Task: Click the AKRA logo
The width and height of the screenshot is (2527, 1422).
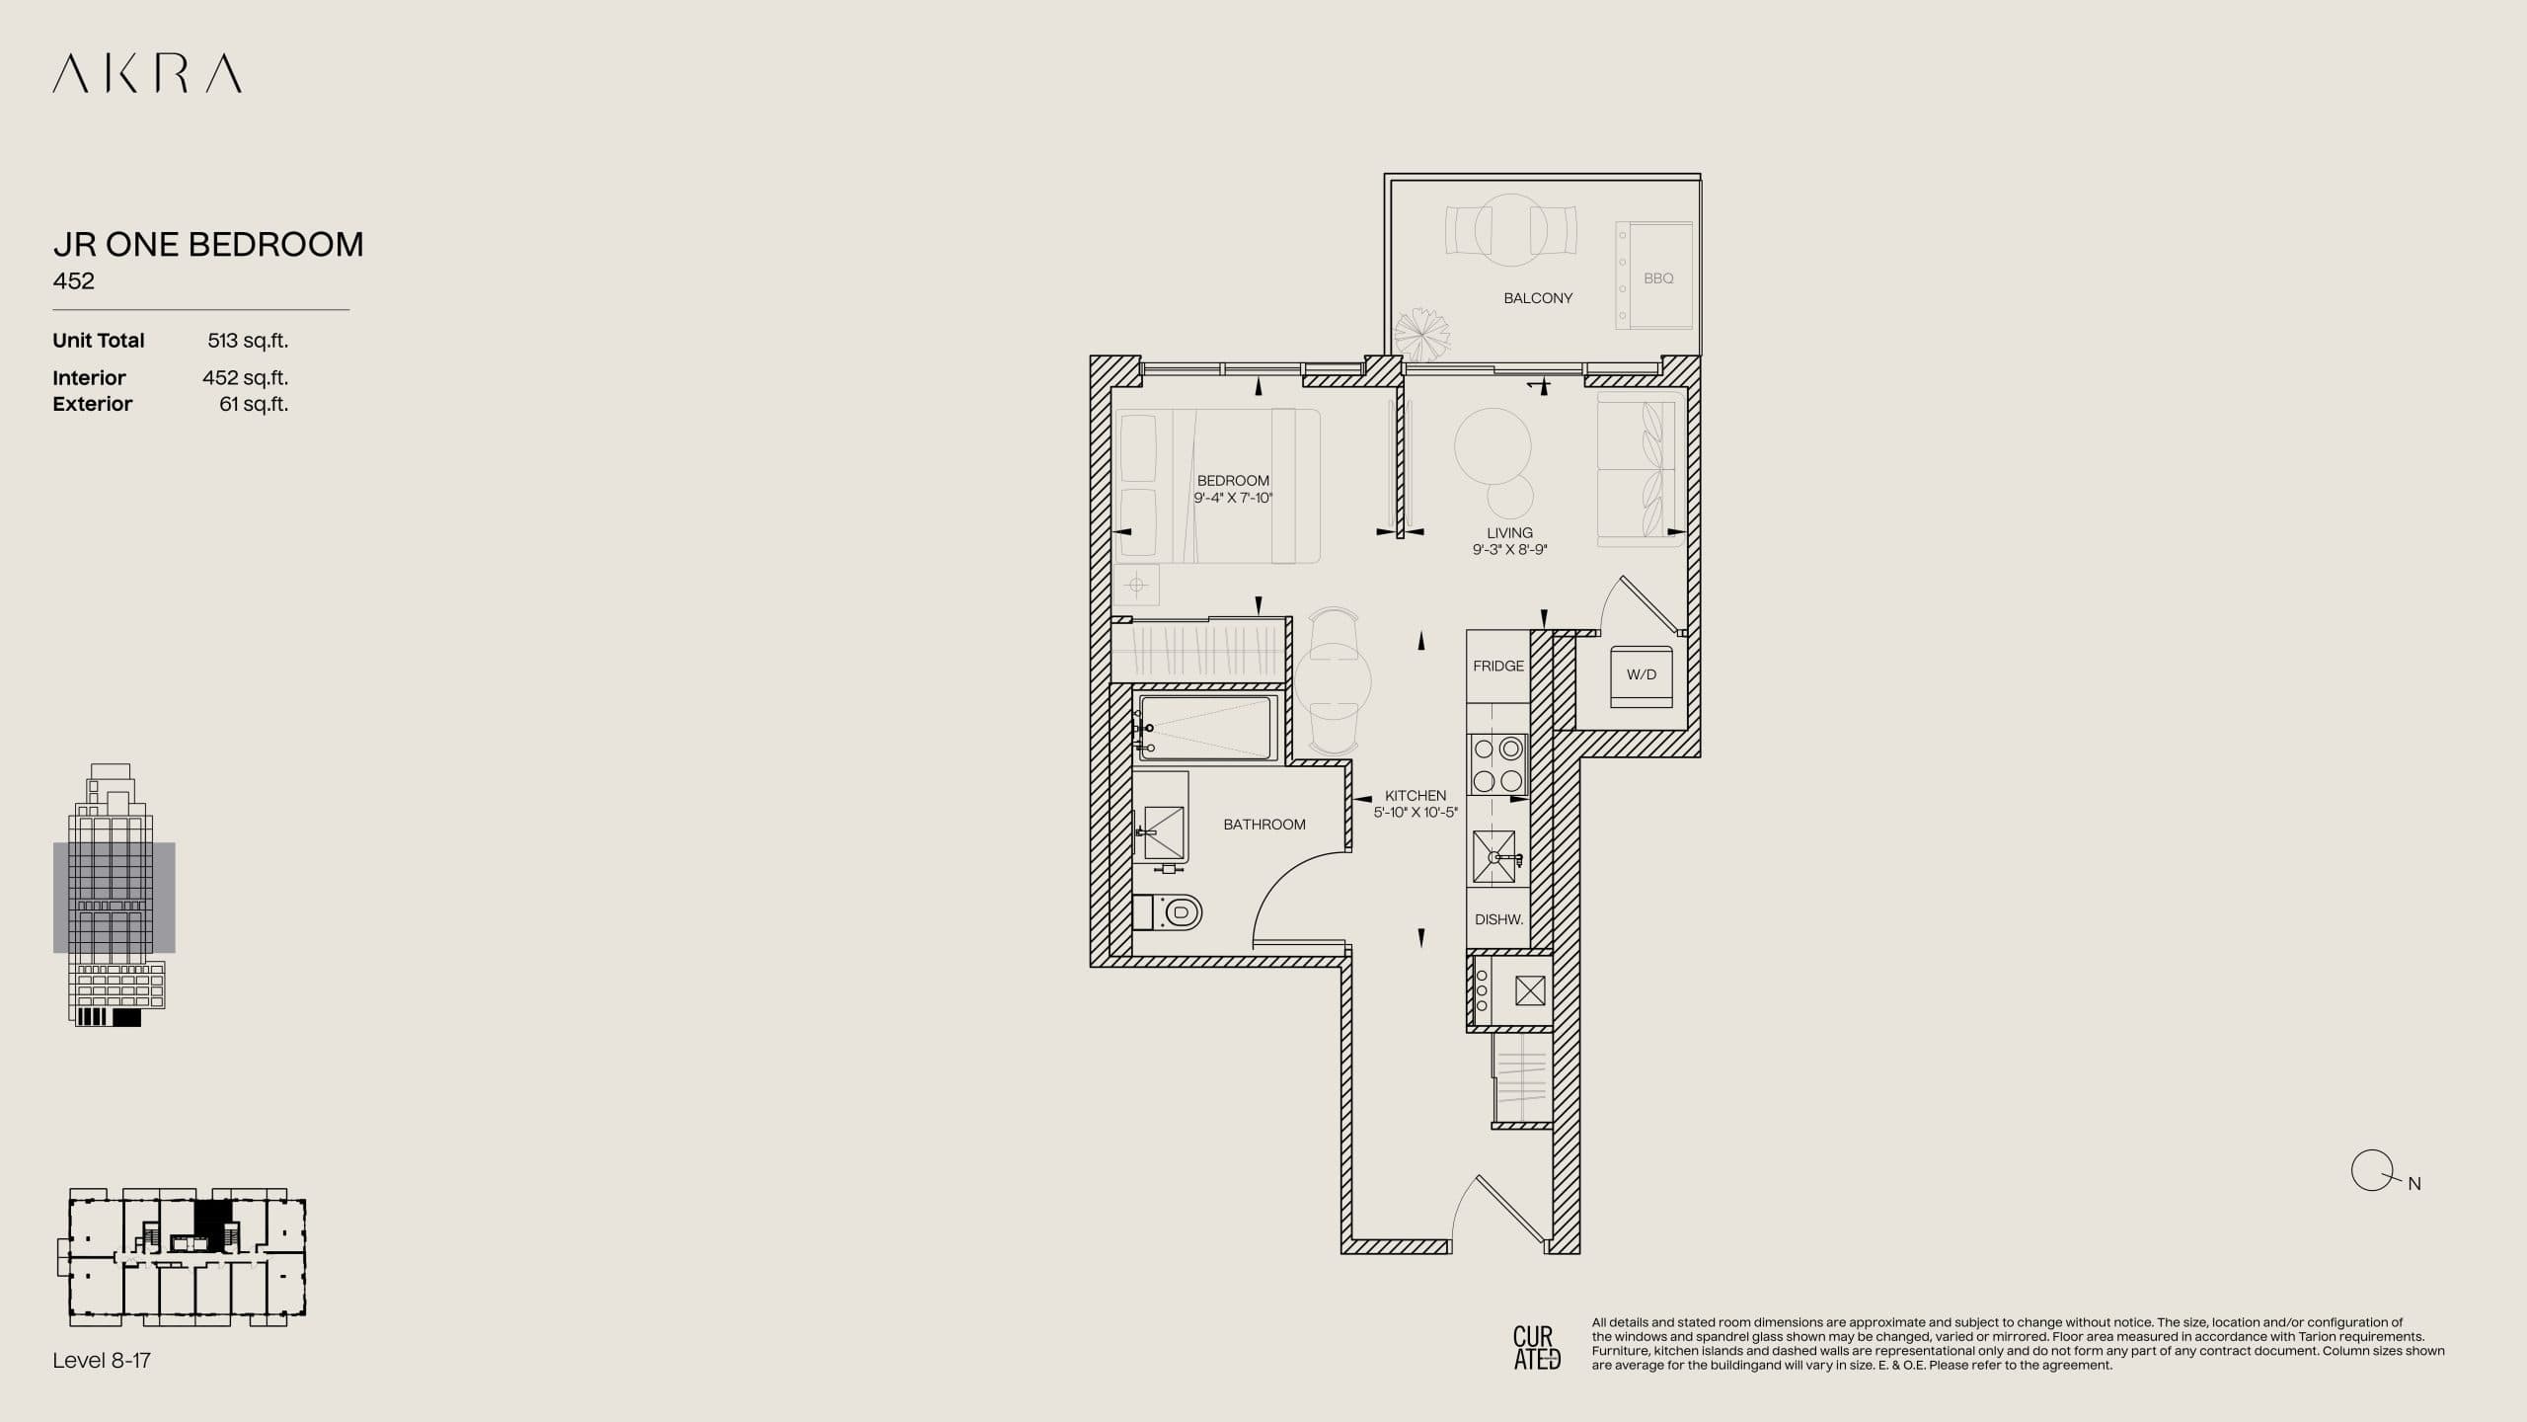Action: coord(147,74)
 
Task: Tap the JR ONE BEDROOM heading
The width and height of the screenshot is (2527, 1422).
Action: coord(207,244)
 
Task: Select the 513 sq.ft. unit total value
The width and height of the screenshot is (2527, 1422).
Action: coord(248,341)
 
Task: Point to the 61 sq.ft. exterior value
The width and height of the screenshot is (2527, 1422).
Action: coord(254,404)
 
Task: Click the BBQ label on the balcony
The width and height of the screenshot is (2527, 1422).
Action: coord(1658,278)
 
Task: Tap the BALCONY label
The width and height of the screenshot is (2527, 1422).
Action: coord(1537,298)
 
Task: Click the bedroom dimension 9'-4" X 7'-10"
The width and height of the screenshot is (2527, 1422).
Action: coord(1233,498)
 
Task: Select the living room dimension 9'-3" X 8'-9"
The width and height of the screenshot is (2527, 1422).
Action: coord(1509,550)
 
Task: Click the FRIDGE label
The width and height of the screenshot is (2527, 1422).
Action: coord(1497,667)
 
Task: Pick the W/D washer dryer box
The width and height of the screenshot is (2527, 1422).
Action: coord(1641,675)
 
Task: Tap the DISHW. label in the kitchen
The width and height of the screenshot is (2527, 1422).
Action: coord(1498,919)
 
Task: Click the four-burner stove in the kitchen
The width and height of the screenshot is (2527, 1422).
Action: coord(1497,764)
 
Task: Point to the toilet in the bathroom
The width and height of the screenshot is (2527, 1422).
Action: coord(1170,912)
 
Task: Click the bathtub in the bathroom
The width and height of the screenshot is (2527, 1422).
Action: coord(1207,729)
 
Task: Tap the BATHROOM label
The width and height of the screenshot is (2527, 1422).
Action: coord(1263,825)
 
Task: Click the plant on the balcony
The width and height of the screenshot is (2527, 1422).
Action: coord(1421,333)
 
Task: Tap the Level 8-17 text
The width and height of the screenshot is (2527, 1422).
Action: coord(102,1361)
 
